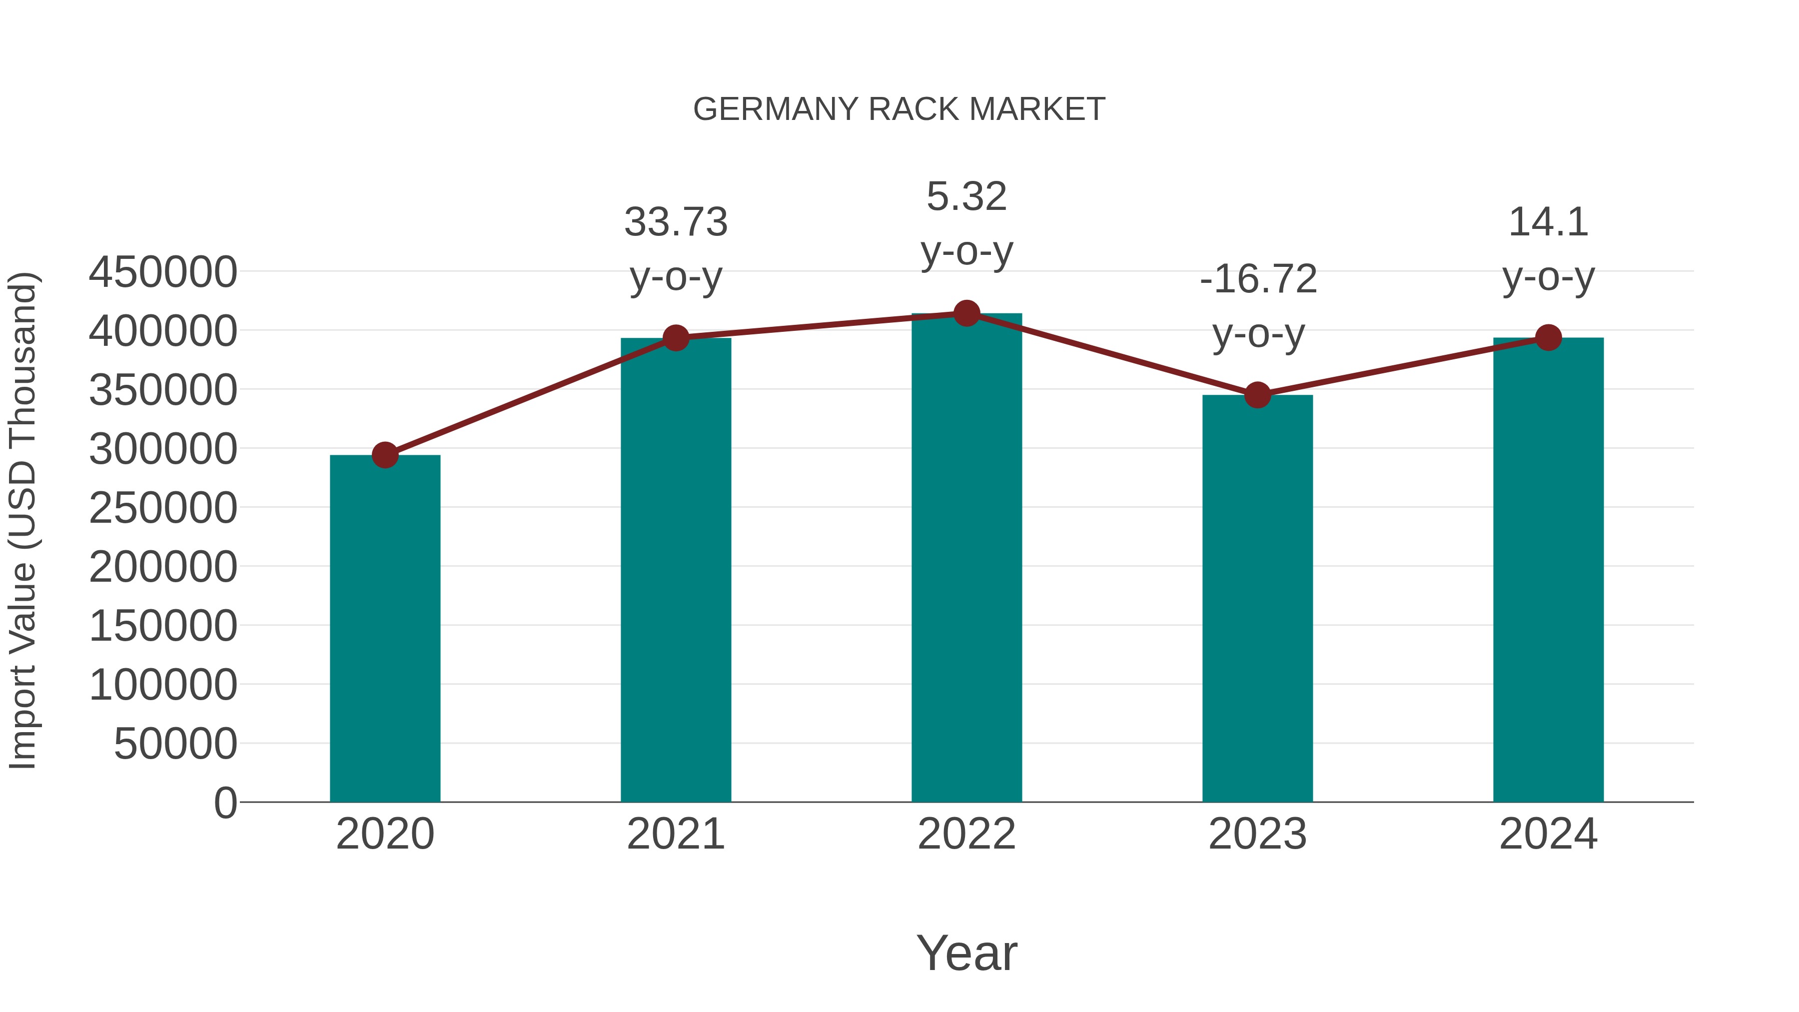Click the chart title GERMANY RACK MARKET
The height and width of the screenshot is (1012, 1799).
point(899,109)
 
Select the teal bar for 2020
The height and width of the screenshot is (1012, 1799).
point(385,629)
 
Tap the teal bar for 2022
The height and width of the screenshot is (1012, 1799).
point(966,559)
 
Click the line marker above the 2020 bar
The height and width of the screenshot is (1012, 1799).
point(385,455)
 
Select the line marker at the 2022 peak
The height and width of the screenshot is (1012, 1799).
point(966,313)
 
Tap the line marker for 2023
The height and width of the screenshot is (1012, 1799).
point(1257,395)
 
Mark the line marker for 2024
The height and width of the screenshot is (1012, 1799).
point(1548,338)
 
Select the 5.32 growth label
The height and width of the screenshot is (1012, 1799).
point(966,196)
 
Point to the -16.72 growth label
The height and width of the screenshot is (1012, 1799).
point(1258,279)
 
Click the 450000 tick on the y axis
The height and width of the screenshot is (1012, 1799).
point(163,272)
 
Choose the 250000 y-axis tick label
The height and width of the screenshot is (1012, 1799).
point(163,508)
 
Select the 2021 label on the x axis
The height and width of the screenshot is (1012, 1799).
point(676,834)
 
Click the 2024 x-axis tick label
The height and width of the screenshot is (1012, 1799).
point(1548,834)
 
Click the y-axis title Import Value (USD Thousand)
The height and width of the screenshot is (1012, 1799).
point(22,520)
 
